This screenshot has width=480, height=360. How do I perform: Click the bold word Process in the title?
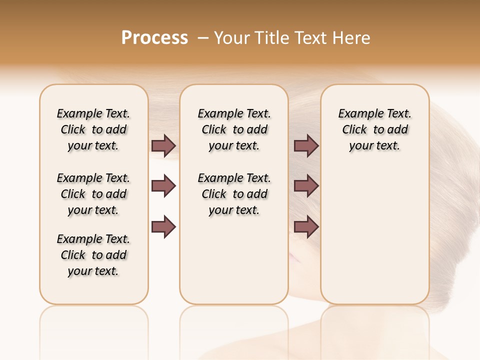point(154,38)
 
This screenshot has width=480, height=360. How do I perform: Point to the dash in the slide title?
point(202,38)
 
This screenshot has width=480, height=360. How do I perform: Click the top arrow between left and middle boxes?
point(163,145)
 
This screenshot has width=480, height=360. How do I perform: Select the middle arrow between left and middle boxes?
point(163,186)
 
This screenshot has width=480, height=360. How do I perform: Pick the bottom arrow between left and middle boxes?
point(163,226)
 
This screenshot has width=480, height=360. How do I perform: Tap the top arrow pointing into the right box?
point(306,145)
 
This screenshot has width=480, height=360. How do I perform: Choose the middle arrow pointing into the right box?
point(306,186)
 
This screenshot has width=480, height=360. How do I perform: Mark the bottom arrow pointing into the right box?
point(306,226)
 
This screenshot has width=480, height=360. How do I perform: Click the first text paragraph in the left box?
point(93,129)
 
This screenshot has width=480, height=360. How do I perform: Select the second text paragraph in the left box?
point(93,194)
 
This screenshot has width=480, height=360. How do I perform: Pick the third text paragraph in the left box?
point(93,255)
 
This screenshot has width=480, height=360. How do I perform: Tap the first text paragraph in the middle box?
point(234,129)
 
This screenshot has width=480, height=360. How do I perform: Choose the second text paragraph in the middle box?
point(234,194)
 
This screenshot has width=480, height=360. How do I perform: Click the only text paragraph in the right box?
point(374,129)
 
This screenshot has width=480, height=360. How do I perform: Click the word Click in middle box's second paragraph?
point(214,194)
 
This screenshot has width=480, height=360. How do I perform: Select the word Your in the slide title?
point(232,38)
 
